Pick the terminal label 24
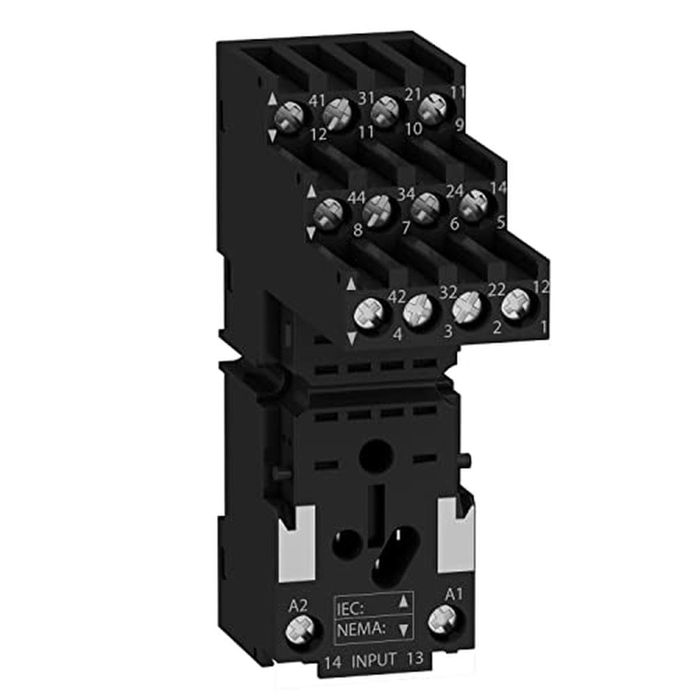click(454, 192)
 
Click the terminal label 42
click(396, 296)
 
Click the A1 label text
click(454, 594)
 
